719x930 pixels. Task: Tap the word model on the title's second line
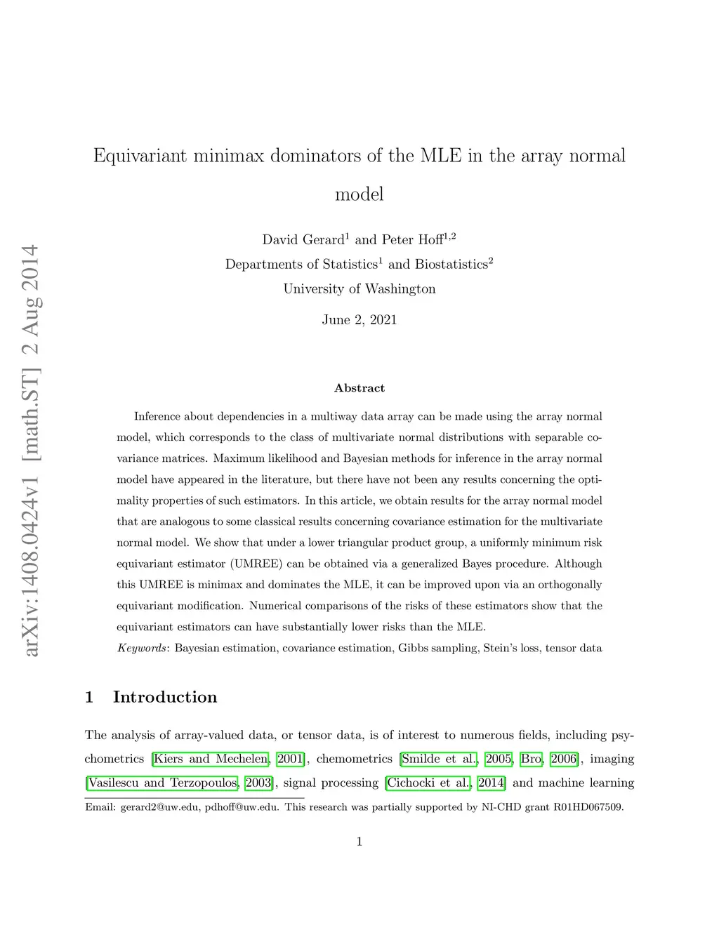pos(359,194)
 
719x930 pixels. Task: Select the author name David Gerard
pos(303,240)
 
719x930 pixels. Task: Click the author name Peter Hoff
pos(412,240)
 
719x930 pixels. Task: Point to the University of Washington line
pos(359,289)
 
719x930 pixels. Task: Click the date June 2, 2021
pos(359,320)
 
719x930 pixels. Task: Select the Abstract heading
pos(359,388)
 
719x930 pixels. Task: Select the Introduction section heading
pos(164,697)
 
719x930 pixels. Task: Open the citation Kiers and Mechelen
pos(211,759)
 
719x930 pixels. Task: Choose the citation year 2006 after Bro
pos(564,759)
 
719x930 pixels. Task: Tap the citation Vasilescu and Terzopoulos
pos(163,783)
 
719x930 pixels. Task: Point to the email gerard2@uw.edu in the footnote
pos(159,807)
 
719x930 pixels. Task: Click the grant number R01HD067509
pos(588,807)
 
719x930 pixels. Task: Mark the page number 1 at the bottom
pos(359,842)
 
